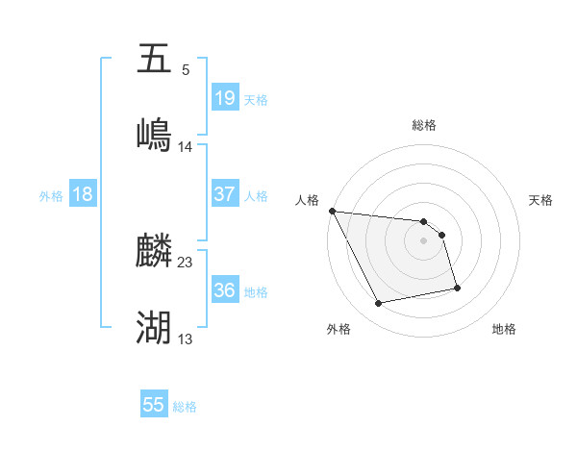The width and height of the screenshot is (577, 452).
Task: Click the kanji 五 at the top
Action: click(x=154, y=59)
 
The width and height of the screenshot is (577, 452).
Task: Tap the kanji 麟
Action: click(x=154, y=252)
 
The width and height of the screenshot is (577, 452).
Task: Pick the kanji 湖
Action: click(x=154, y=328)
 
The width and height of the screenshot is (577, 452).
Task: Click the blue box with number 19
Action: click(x=224, y=98)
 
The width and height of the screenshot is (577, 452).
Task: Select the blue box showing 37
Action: click(x=224, y=194)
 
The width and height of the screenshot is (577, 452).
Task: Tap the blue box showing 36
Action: click(x=224, y=290)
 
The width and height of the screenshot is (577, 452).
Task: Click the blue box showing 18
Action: click(x=83, y=194)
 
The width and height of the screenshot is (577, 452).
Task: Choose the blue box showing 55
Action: click(x=154, y=405)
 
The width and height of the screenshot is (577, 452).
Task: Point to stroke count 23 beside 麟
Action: click(x=186, y=262)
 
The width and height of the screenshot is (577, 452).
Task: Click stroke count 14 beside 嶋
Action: click(x=186, y=146)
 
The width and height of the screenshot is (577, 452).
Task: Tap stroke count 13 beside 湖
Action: click(x=186, y=339)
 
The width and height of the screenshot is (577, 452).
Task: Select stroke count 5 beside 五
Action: click(x=186, y=69)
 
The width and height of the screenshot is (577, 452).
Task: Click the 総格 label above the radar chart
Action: click(x=424, y=125)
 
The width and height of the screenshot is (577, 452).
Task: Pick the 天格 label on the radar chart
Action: click(x=540, y=200)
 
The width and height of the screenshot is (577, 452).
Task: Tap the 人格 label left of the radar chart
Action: click(x=307, y=200)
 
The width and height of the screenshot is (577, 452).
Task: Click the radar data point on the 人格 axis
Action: click(x=332, y=211)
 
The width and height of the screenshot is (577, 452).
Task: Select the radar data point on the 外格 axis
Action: click(x=379, y=304)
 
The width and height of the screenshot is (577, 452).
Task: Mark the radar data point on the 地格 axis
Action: click(x=457, y=287)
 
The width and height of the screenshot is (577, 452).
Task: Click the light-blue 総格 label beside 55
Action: click(x=185, y=407)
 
